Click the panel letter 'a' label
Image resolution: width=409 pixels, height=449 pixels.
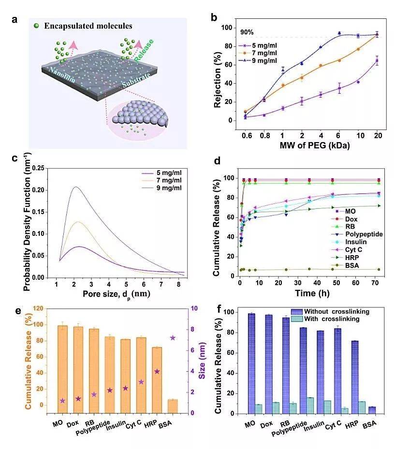tap(15, 20)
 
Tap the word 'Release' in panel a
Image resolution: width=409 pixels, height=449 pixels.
tap(144, 50)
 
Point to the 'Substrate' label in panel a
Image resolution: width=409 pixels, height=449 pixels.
tap(136, 80)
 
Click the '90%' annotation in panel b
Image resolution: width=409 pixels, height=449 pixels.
tap(247, 32)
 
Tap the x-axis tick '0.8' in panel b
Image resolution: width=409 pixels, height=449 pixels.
tap(264, 135)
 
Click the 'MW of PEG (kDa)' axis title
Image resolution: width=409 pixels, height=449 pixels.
tap(314, 145)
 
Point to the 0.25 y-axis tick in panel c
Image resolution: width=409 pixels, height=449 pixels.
tap(38, 168)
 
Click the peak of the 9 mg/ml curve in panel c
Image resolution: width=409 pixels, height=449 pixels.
tap(75, 187)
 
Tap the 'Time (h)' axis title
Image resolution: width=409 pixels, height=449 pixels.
tap(312, 293)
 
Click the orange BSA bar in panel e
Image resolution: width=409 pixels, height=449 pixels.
tap(173, 406)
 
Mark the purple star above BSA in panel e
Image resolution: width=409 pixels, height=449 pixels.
tap(173, 338)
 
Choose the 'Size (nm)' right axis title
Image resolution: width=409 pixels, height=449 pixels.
tap(202, 361)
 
